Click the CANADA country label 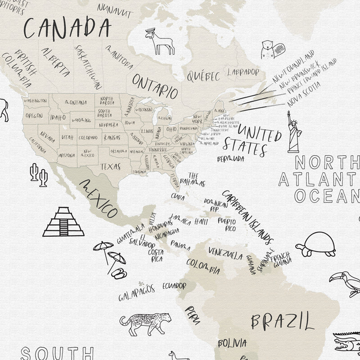click(x=67, y=28)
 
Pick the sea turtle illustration click(x=317, y=244)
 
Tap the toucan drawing click(x=345, y=282)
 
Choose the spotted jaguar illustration click(x=145, y=323)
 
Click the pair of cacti click(x=39, y=175)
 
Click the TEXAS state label click(x=110, y=166)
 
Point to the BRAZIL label click(x=282, y=322)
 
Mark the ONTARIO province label click(x=155, y=86)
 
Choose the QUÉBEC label click(x=203, y=76)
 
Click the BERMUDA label click(x=230, y=159)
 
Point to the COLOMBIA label click(x=203, y=266)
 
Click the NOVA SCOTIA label click(x=305, y=94)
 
